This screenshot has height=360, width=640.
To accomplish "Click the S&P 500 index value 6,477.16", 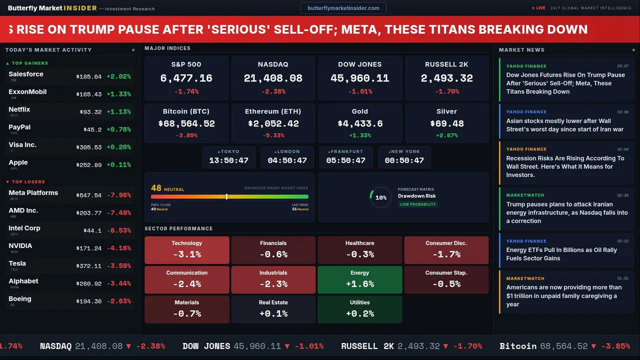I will point(186,78).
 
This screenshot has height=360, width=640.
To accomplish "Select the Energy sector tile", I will point(359,279).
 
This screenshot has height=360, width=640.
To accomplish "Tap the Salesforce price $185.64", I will point(89,77).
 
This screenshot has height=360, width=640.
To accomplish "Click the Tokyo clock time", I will point(228,160).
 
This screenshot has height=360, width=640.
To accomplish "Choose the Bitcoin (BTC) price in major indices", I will point(186,123).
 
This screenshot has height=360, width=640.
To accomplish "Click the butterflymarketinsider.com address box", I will point(343,8).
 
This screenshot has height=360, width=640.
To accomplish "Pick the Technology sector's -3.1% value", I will point(186,254).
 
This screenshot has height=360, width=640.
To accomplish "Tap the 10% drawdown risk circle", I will point(380,197).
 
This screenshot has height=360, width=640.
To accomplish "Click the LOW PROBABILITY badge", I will point(417,204).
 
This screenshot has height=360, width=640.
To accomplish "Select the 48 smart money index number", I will point(156,188).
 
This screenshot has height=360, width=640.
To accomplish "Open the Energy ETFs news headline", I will point(561,254).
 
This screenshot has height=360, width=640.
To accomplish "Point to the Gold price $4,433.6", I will point(359,123).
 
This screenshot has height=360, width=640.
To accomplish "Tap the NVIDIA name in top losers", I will point(20,246).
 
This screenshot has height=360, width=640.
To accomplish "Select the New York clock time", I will point(404,160).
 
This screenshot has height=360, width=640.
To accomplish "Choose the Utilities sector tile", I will point(359,309).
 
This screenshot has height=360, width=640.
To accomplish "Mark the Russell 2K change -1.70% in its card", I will point(446,91).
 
